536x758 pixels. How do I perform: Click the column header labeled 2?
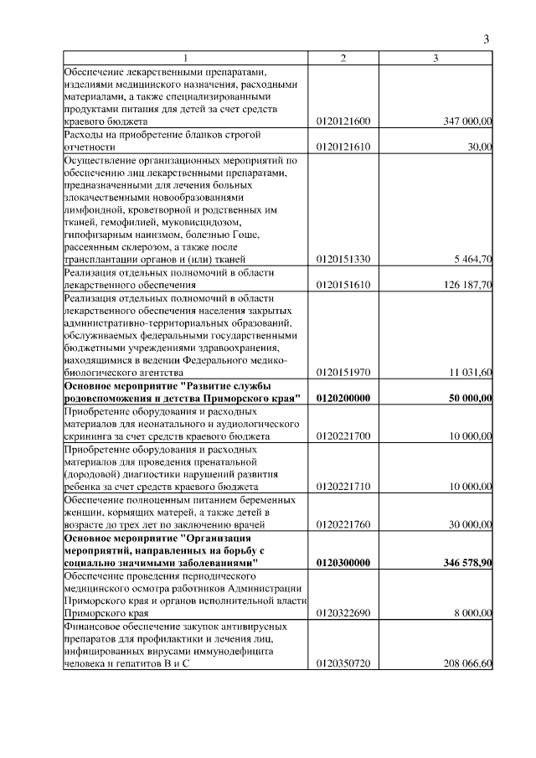[343, 58]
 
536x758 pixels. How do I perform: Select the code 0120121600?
[343, 122]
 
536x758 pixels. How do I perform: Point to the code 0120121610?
[343, 147]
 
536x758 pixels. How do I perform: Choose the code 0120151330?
[343, 259]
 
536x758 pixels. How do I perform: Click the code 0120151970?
[343, 372]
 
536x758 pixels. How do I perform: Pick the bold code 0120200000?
[343, 398]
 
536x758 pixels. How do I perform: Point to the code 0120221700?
[343, 436]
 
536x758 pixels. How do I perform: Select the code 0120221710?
[343, 487]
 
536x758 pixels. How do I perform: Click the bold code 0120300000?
[343, 563]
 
